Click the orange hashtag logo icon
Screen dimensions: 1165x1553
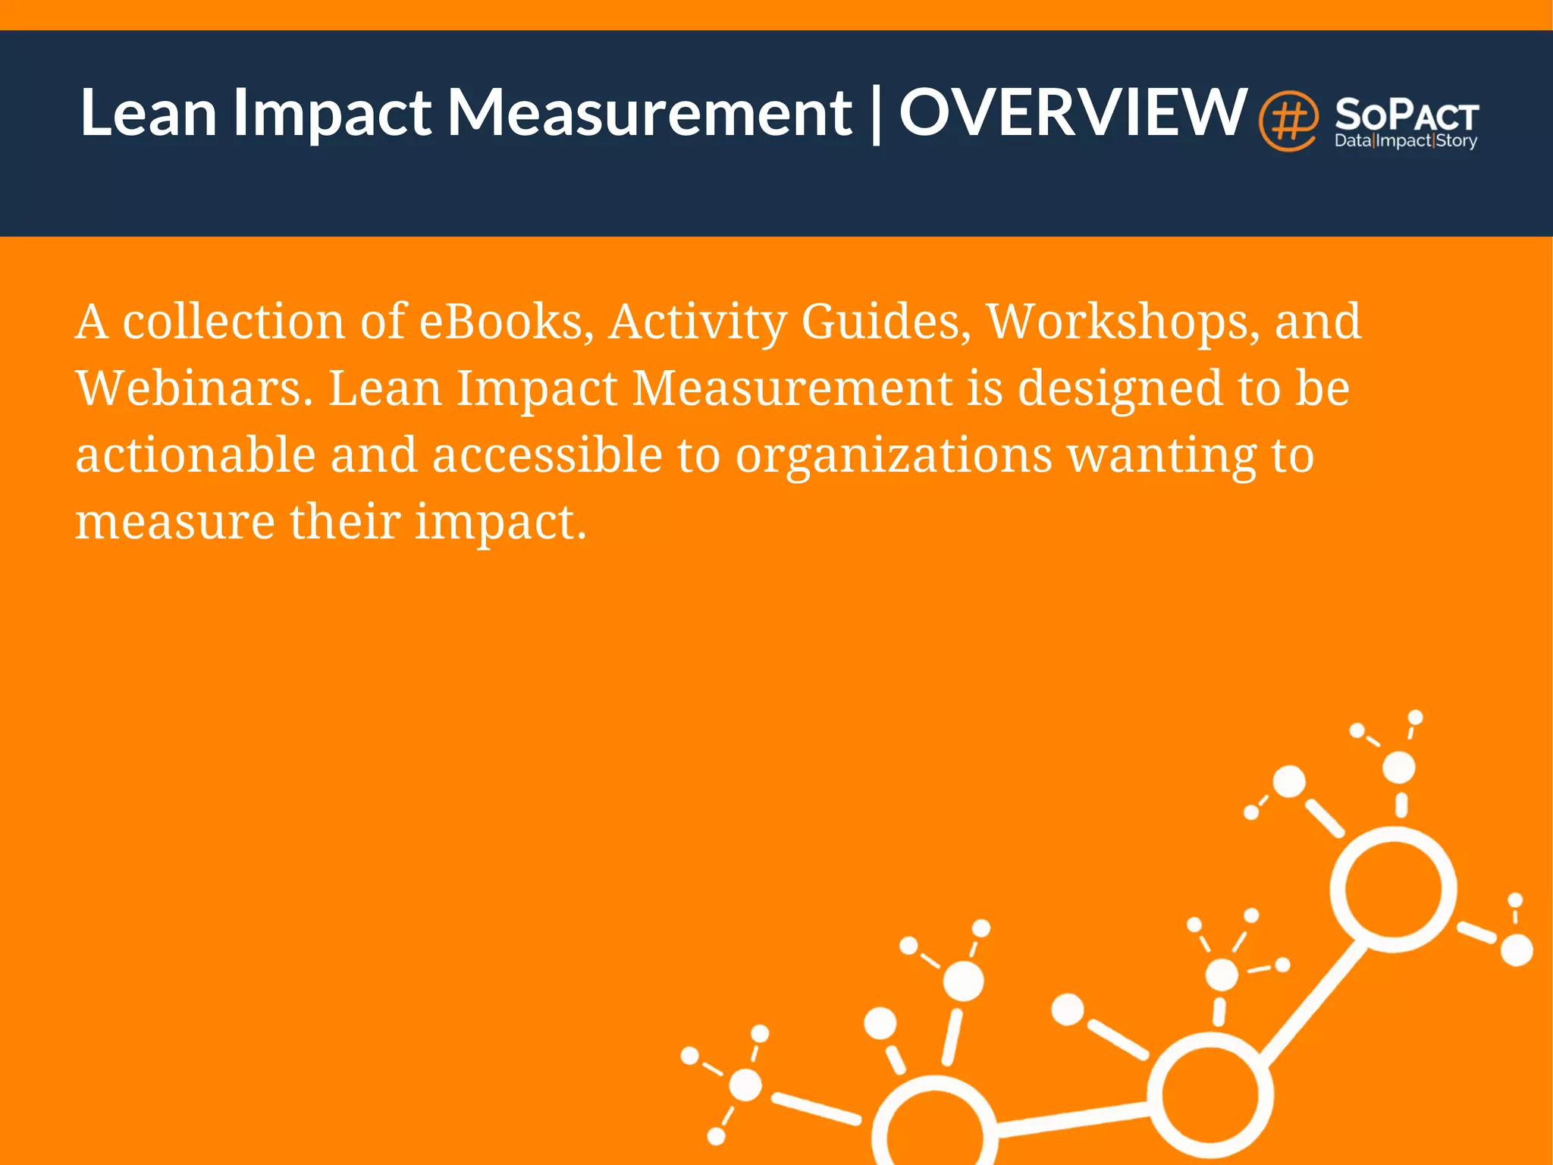1288,121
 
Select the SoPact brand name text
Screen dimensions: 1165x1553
1407,116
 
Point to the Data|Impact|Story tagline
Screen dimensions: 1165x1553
1406,141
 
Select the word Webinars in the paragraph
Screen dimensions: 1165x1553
194,388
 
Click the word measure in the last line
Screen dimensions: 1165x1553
174,522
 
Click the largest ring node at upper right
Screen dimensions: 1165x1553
1394,889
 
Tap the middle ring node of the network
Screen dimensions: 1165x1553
1210,1094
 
